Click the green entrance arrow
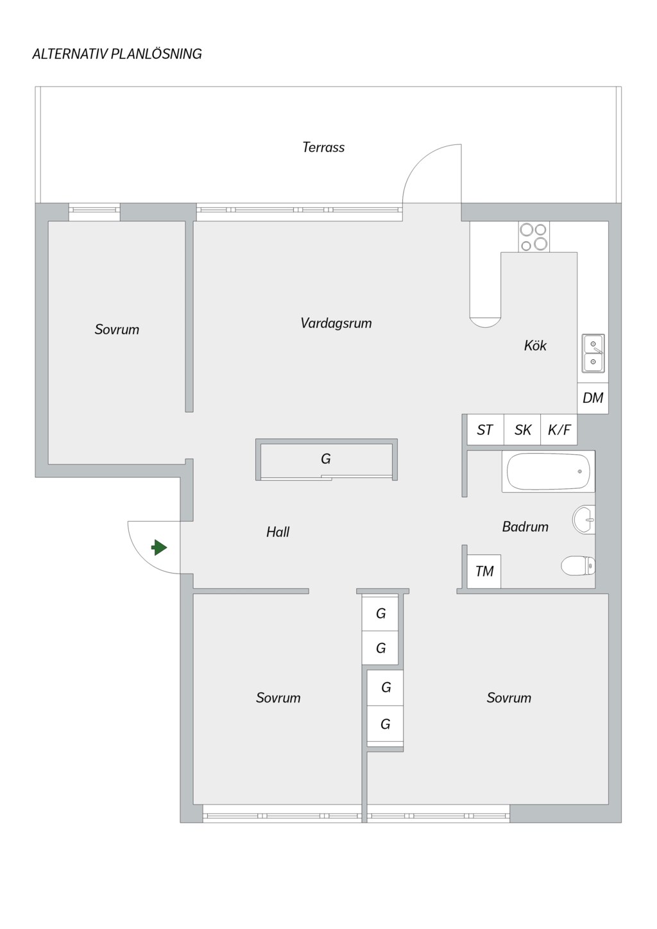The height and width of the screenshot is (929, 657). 159,547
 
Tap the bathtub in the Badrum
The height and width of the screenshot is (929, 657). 549,472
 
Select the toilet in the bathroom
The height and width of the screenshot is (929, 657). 578,566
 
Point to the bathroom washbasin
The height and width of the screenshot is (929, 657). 584,519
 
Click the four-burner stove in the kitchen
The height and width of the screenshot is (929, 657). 534,236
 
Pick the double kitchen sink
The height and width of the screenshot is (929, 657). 593,354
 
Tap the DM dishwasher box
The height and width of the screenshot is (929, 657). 593,398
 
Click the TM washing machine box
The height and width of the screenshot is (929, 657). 484,572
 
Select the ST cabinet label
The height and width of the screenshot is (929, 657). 484,430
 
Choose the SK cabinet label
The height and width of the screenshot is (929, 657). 523,430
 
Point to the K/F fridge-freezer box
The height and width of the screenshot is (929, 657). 559,430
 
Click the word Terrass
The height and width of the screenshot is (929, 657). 323,147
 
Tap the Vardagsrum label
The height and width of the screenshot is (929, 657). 336,323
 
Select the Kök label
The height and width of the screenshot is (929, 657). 535,345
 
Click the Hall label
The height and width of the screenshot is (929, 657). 278,532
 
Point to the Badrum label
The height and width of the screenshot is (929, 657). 525,527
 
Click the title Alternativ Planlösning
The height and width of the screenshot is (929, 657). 117,54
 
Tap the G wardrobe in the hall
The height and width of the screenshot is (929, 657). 327,459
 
